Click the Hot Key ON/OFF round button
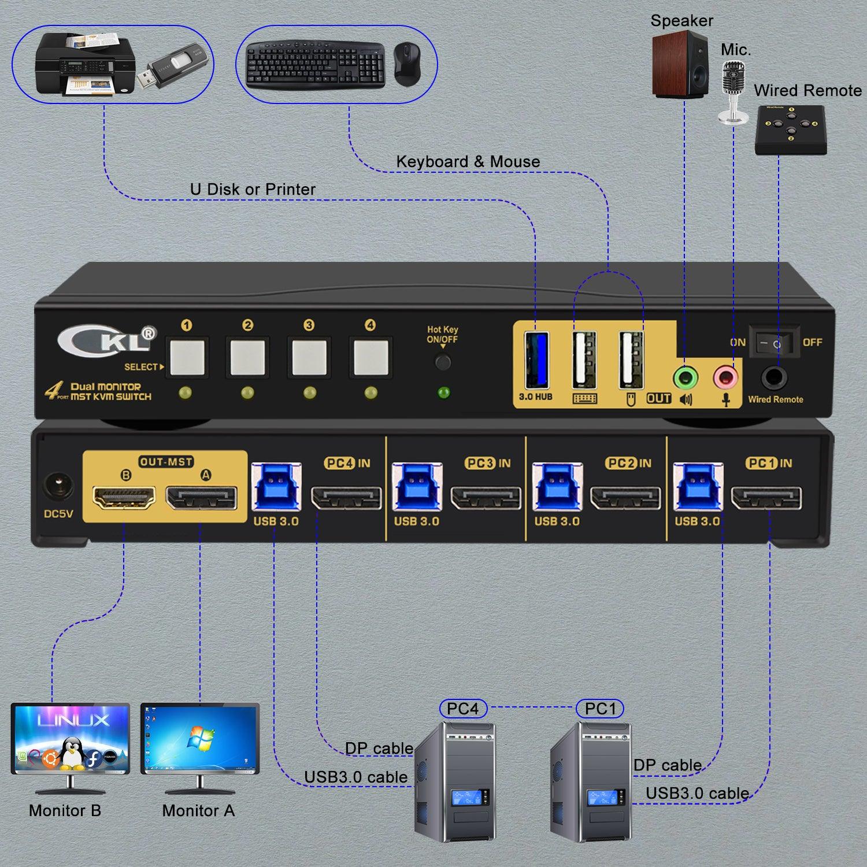[443, 362]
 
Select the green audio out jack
[686, 379]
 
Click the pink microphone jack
[725, 379]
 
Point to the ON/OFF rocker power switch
[775, 343]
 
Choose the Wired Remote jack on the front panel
[775, 379]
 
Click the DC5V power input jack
[58, 487]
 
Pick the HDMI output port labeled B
[124, 498]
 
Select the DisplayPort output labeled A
[201, 498]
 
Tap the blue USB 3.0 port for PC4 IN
[276, 487]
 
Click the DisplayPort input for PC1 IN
[766, 499]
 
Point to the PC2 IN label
[628, 464]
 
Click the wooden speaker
[680, 64]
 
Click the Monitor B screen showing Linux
[71, 738]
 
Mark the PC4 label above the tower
[463, 709]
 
